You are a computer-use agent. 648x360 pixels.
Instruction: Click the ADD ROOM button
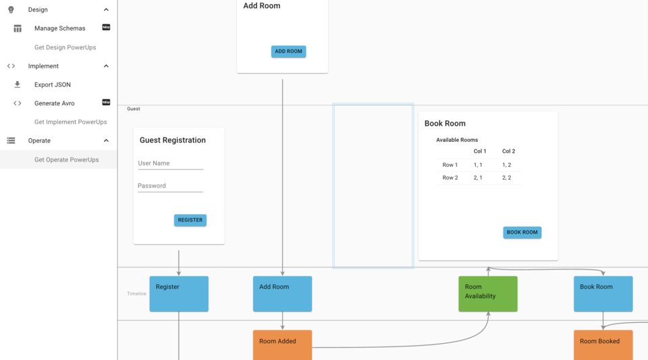288,51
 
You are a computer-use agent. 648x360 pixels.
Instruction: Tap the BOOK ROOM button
522,232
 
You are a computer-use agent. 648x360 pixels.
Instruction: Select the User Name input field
170,163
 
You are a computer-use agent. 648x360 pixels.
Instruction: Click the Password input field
170,186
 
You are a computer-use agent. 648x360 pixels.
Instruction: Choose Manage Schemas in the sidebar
59,28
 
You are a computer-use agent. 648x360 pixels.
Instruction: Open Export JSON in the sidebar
53,84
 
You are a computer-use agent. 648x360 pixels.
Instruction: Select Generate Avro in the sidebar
55,103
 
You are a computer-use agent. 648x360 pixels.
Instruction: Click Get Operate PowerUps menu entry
66,159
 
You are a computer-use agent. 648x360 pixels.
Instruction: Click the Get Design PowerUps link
65,47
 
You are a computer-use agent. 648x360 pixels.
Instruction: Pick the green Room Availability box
487,294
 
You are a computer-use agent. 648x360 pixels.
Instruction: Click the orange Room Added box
282,344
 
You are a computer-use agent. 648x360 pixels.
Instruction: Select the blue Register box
179,294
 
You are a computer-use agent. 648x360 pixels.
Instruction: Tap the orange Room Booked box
603,344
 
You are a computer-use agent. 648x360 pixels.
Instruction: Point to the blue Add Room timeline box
282,294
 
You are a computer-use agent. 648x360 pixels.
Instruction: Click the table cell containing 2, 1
478,178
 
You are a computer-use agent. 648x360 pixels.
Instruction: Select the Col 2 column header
508,151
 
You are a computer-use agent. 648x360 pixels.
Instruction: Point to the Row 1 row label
450,165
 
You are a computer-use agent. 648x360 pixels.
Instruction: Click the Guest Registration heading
173,140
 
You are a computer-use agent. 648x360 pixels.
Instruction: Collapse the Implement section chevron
106,66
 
